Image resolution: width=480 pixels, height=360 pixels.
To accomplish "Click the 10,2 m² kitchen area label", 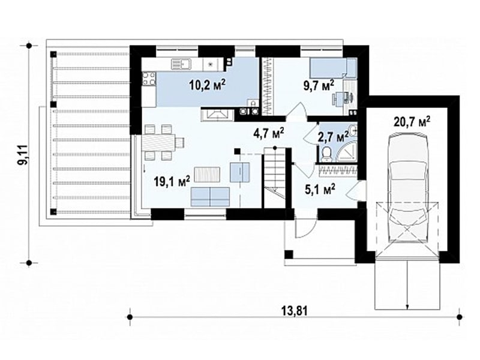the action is [x=207, y=85].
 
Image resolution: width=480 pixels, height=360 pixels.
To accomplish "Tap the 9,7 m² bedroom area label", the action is [x=319, y=85].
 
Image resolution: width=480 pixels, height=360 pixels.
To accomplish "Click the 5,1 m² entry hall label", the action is [x=320, y=189].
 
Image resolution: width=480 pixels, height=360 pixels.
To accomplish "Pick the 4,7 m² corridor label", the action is [x=269, y=133].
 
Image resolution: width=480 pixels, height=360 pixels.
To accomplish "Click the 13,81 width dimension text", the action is [x=294, y=311].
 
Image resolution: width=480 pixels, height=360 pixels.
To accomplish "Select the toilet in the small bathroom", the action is [x=327, y=154].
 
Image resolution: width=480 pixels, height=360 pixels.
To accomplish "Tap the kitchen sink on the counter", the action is [x=181, y=64].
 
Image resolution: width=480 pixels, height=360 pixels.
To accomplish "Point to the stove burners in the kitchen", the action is [x=149, y=78].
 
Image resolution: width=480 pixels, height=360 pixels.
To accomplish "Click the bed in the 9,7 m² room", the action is [x=333, y=68].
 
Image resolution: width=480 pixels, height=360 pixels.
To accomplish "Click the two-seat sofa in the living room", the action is [x=210, y=197].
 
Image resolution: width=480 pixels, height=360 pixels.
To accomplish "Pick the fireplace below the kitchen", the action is [x=218, y=115].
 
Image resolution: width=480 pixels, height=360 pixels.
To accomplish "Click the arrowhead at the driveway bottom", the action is [x=407, y=307].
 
